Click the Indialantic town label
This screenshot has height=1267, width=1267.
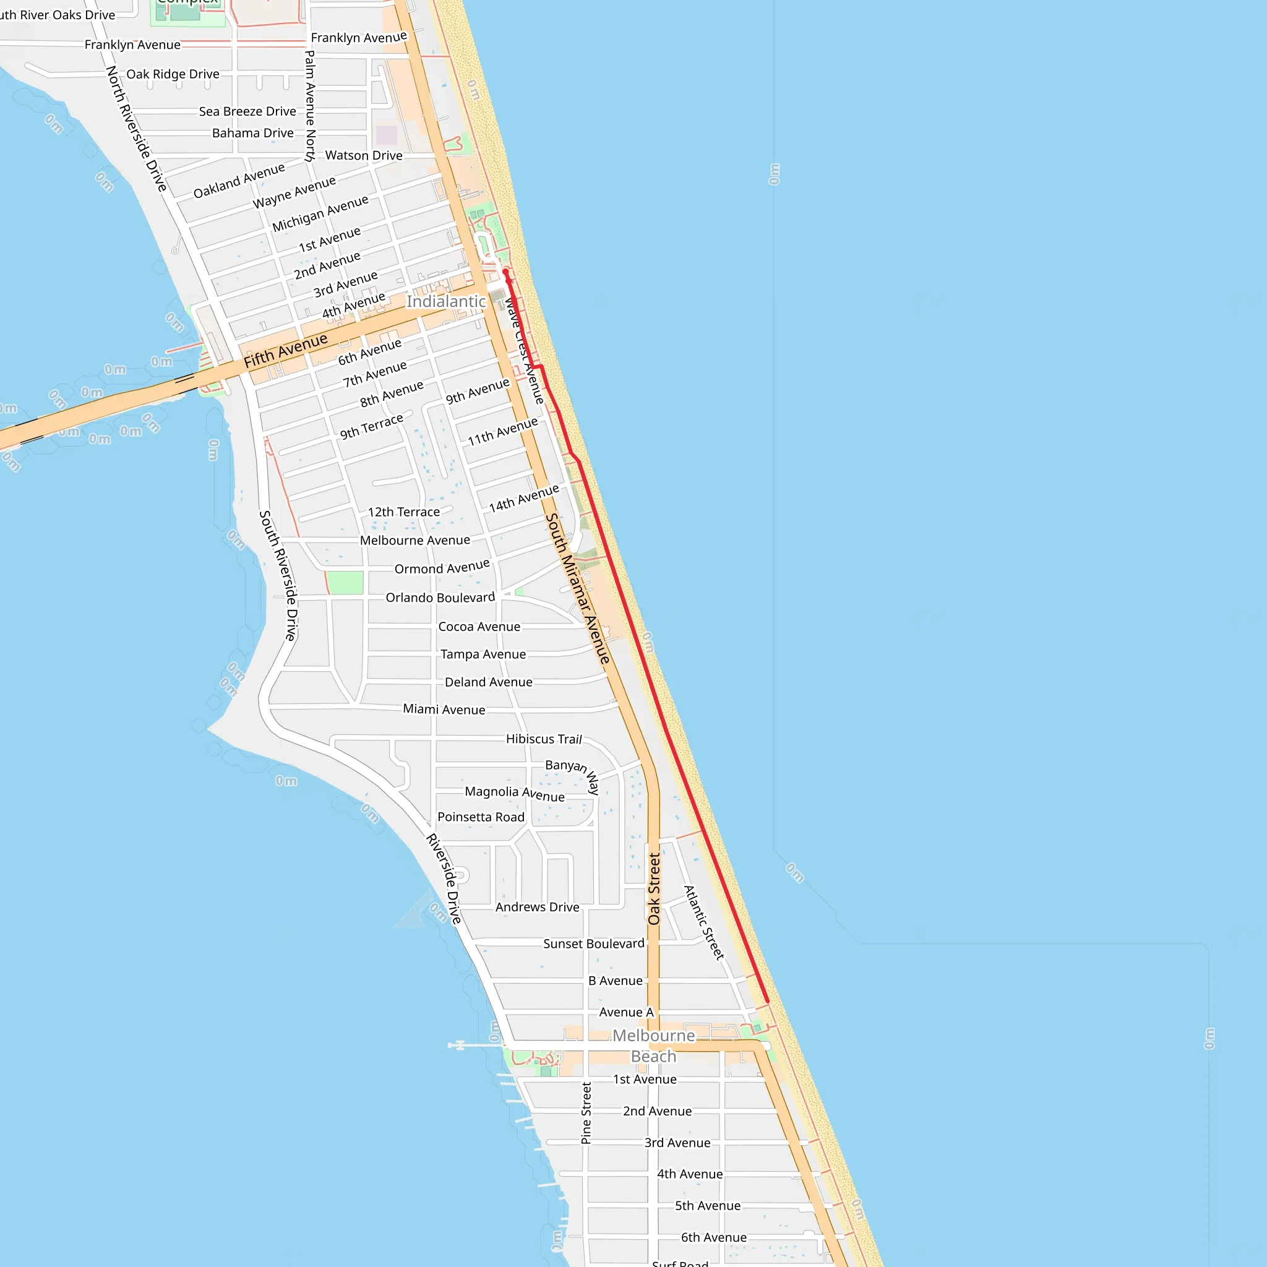tap(446, 302)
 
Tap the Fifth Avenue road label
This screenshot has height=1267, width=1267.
tap(285, 350)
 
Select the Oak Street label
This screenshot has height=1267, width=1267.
tap(654, 888)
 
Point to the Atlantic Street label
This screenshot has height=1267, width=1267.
tap(703, 922)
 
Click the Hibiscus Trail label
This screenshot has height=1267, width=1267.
tap(544, 739)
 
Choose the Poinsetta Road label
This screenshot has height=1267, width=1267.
tap(481, 817)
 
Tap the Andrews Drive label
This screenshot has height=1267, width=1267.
tap(537, 907)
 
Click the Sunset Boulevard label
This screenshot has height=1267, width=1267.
tap(593, 943)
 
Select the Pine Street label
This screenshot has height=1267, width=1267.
tap(586, 1114)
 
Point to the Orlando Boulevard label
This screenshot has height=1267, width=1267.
tap(440, 598)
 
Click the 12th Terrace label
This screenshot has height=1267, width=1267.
tap(403, 512)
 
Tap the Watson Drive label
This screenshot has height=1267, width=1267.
tap(364, 155)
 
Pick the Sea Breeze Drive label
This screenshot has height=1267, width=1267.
tap(247, 111)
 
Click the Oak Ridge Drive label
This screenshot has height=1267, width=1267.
tap(173, 74)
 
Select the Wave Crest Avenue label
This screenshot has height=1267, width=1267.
tap(524, 351)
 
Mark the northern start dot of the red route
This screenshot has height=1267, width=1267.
tap(505, 272)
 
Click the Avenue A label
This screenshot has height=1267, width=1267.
tap(626, 1012)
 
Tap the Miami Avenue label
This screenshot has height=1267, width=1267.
tap(444, 710)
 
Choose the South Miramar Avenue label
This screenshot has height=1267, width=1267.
tap(578, 588)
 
